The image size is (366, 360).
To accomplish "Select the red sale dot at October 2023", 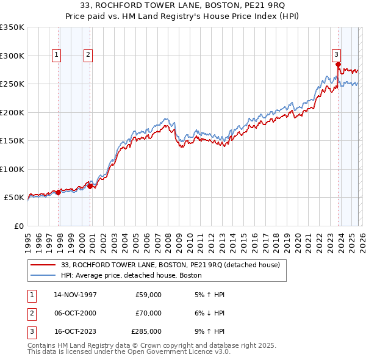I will tap(338, 64).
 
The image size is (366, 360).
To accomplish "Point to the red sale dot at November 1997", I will tap(59, 192).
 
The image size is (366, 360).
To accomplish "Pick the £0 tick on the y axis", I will tap(18, 226).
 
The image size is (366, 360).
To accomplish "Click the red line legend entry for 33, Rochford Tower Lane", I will tap(170, 265).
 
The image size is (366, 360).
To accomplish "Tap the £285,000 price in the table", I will tap(146, 331).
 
